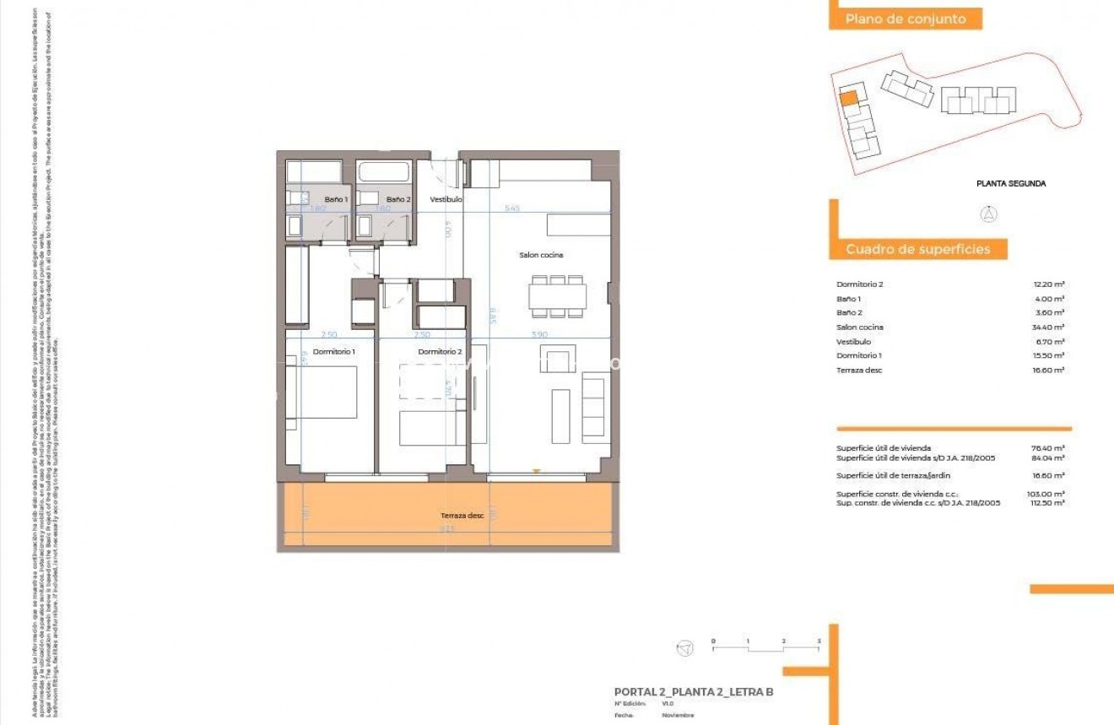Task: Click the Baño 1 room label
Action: click(336, 199)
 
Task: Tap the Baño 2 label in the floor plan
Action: click(398, 199)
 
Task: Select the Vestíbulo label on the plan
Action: click(446, 199)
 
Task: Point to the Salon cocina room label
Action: click(541, 255)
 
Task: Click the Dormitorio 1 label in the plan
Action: click(333, 351)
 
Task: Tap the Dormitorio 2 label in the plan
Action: click(440, 351)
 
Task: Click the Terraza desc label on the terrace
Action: click(462, 515)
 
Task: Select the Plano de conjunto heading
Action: click(905, 19)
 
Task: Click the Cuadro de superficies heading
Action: click(917, 249)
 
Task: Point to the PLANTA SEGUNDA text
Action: click(1011, 183)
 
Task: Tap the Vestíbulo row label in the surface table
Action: click(853, 342)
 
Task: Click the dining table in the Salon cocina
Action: click(557, 296)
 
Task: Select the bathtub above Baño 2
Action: click(384, 172)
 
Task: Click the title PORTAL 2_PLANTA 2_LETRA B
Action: click(694, 692)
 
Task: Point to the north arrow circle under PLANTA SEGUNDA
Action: click(987, 214)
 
